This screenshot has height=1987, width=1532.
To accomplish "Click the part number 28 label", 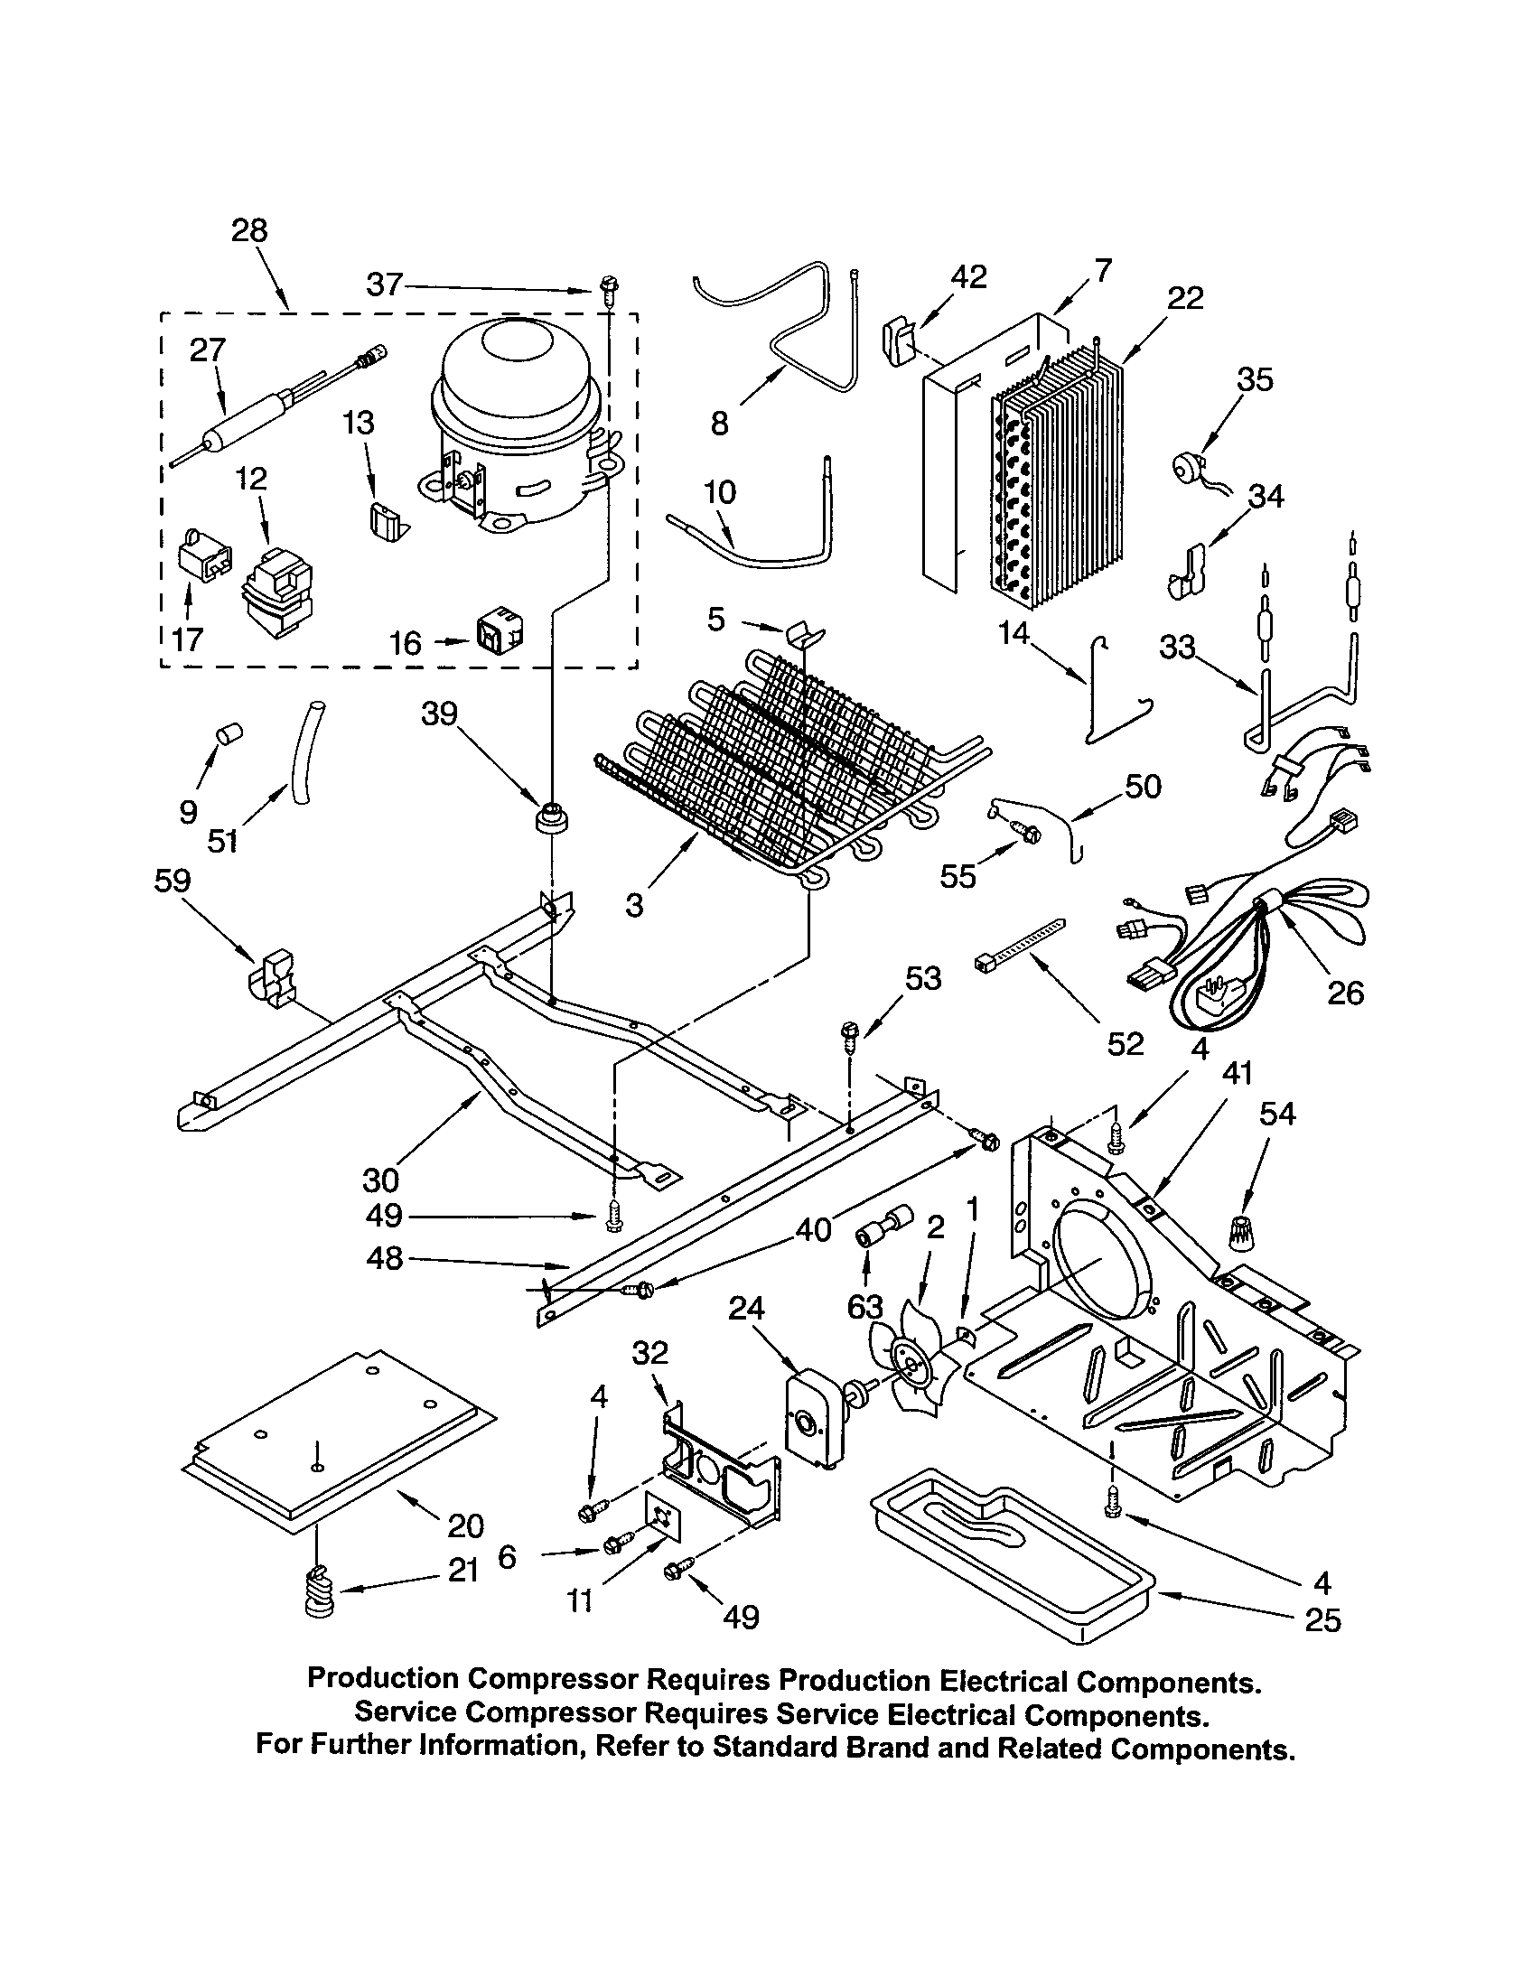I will click(x=249, y=230).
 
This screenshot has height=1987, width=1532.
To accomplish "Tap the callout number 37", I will click(x=384, y=285).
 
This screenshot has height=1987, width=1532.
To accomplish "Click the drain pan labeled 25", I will click(x=1010, y=1561).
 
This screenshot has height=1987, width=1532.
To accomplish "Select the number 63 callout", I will click(x=864, y=1308).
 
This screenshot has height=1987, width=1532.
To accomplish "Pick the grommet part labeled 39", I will click(x=551, y=817).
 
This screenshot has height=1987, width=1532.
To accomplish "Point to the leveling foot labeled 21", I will click(x=318, y=1593).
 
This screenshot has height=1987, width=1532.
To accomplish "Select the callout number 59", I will click(x=172, y=881).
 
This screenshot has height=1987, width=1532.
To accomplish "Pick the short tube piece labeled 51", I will click(x=304, y=748).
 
